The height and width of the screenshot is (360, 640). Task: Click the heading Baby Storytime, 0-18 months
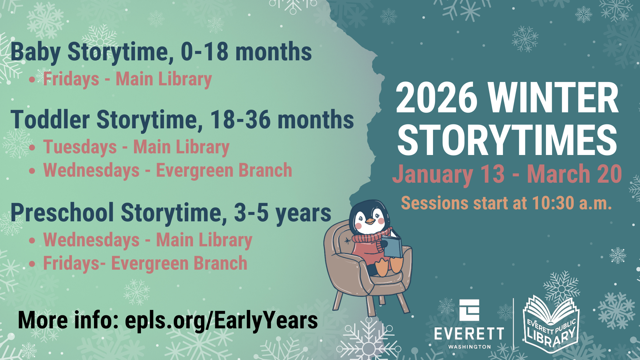click(161, 52)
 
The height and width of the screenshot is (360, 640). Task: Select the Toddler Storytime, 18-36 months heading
click(182, 120)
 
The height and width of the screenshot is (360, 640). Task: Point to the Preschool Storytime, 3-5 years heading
click(171, 213)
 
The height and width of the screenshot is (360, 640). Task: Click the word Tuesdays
click(80, 147)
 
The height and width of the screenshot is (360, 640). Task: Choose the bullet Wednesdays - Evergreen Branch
click(167, 171)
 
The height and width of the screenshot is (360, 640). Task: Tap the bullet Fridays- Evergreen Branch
click(145, 263)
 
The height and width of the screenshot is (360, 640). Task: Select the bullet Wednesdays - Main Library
click(147, 240)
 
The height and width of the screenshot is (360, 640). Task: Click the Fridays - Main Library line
click(127, 79)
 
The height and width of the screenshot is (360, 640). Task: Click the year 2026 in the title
click(437, 98)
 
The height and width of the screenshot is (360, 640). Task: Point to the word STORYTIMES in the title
click(507, 140)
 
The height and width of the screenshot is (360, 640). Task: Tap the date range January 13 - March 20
click(507, 174)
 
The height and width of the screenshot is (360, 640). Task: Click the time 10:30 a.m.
click(572, 203)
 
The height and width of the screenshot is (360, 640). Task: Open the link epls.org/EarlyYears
click(221, 320)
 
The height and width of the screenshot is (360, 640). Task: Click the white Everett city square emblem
click(469, 310)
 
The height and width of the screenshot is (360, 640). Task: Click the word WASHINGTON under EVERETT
click(469, 347)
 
